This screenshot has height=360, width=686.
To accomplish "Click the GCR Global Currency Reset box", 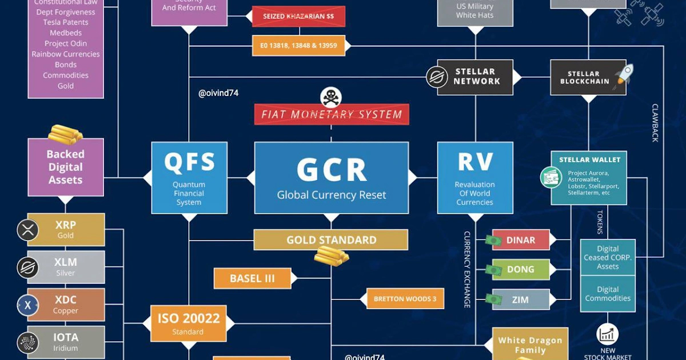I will (332, 178).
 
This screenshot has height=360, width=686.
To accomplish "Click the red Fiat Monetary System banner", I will (332, 114).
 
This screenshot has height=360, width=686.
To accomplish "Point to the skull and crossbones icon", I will (330, 97).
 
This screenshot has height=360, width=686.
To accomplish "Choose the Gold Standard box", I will (331, 240).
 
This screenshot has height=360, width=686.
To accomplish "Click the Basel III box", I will (252, 279).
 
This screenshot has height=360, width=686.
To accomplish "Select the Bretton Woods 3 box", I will (405, 299).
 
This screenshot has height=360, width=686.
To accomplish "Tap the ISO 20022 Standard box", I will (188, 323).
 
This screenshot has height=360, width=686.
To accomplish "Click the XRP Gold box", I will (66, 230).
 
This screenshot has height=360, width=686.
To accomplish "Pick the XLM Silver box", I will (66, 267).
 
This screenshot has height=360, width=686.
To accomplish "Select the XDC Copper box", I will (66, 305).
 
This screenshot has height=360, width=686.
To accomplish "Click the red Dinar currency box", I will (520, 240).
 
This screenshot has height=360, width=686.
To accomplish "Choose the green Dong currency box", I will (520, 269).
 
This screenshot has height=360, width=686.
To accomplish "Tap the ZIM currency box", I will (520, 299).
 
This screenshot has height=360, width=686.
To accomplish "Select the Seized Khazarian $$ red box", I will (298, 17).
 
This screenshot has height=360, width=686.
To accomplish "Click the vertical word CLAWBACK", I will (655, 123).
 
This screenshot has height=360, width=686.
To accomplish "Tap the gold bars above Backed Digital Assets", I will (65, 134).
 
